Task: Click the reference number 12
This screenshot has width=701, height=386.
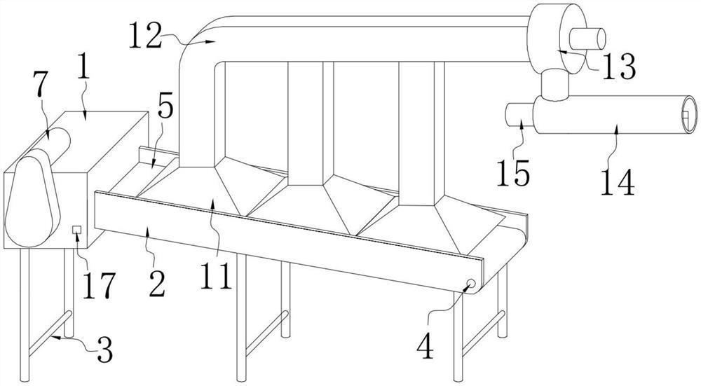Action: pos(149,35)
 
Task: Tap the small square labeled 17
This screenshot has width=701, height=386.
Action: pos(78,230)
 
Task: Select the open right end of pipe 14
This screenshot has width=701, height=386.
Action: pos(689,109)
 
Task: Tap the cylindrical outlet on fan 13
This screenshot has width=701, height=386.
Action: pos(592,36)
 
